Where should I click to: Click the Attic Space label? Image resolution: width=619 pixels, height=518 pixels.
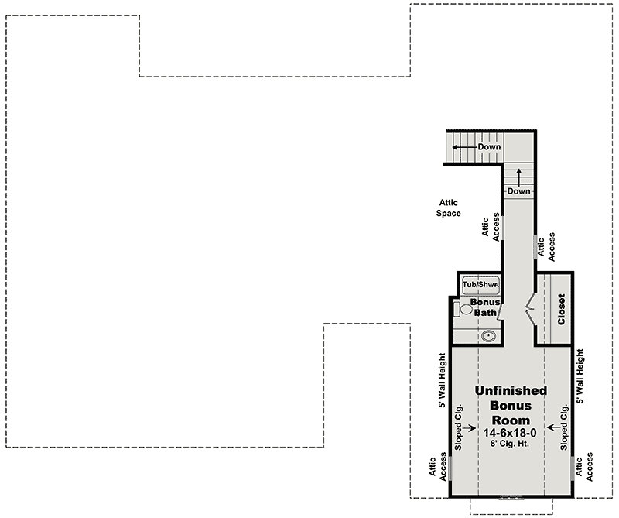coord(449,208)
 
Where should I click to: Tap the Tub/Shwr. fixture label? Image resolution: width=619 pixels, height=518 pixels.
coord(480,284)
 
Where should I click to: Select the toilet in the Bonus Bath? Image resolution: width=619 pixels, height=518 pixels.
coord(462,309)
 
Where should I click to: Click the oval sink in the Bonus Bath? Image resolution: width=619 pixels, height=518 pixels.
coord(489,336)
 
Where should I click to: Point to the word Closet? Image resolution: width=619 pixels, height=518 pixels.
coord(561,310)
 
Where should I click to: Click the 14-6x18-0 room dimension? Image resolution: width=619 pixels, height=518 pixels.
coord(510,433)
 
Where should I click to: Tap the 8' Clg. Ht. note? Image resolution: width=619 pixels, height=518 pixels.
coord(510,444)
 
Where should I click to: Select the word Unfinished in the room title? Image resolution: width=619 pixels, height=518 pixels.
coord(511,391)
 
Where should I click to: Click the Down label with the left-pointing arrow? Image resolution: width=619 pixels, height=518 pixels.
coord(489,147)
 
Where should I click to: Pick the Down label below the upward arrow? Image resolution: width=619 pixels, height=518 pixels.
coord(518,191)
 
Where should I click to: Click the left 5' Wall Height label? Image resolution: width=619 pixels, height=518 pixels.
coord(442,380)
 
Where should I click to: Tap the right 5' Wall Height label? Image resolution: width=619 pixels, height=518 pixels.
coord(580,376)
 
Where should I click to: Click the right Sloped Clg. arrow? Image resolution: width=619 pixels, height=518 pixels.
coord(553,427)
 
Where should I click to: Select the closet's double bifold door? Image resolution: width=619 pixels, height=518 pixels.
coord(530,310)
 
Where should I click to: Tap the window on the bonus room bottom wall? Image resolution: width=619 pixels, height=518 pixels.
coord(511,496)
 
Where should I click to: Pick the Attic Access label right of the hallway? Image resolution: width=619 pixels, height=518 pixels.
coord(546,247)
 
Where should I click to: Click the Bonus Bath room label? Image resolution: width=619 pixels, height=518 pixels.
coord(485,307)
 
